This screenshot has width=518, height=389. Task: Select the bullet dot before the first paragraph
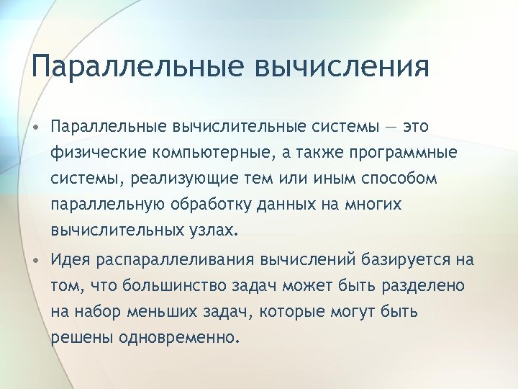coord(35,128)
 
